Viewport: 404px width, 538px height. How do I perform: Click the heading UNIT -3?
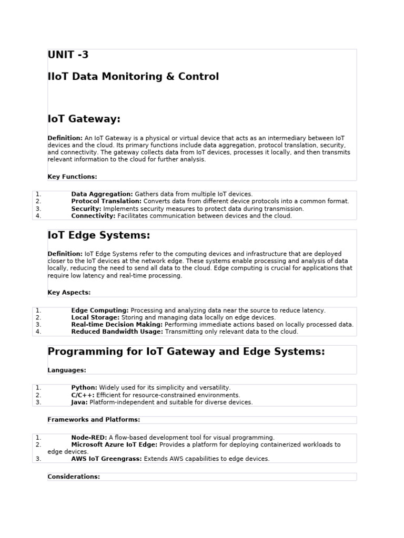coord(68,55)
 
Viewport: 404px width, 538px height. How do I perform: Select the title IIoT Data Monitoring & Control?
coord(133,77)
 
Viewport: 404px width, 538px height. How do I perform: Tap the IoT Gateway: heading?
coord(84,119)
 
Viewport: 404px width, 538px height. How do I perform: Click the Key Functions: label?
coord(72,177)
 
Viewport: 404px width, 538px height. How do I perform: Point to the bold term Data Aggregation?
coord(102,194)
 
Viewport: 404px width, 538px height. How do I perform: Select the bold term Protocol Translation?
coord(106,201)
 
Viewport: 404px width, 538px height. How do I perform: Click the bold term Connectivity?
coord(94,216)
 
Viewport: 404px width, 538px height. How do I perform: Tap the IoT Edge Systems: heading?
coord(99,235)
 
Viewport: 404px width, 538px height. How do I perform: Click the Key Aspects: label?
coord(69,293)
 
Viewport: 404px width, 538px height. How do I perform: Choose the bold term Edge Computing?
coord(100,311)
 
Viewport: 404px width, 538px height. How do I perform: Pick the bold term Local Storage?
coord(95,317)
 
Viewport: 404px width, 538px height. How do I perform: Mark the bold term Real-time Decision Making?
coord(117,325)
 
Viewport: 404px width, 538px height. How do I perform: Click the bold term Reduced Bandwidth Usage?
coord(117,332)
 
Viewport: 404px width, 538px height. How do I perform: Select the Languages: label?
coord(67,370)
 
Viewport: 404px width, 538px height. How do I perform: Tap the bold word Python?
coord(84,388)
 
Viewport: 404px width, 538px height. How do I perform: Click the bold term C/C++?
coord(83,395)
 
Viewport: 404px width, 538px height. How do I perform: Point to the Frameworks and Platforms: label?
coord(94,420)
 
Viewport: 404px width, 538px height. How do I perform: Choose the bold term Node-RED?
coord(89,438)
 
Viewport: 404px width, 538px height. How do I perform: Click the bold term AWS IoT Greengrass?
coord(106,459)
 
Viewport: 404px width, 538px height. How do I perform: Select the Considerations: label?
coord(74,477)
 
